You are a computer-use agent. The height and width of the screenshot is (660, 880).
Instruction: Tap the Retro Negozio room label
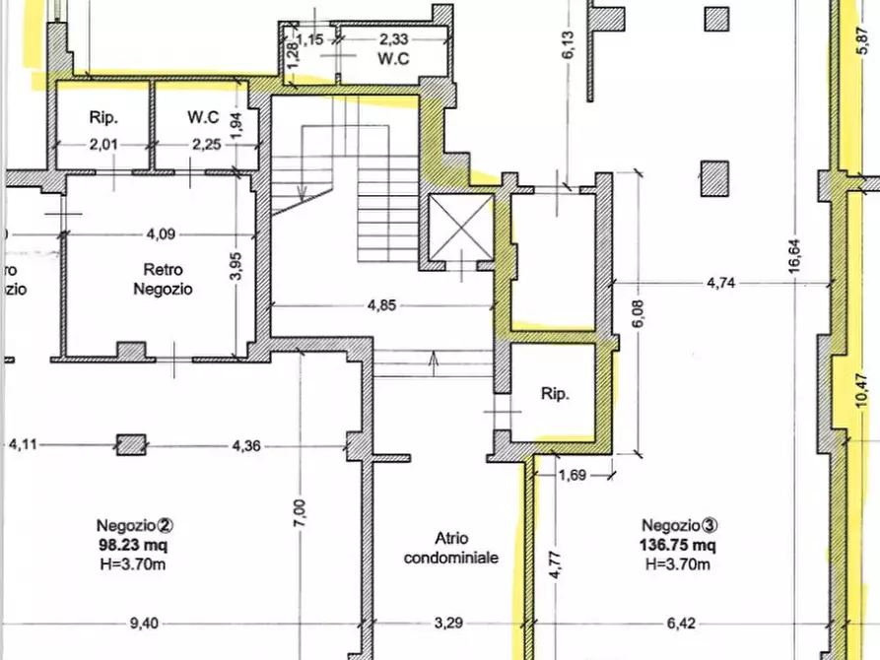163,279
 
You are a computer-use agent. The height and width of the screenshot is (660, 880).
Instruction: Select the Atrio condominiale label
451,548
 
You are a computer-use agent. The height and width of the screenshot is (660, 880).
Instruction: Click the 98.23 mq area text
133,545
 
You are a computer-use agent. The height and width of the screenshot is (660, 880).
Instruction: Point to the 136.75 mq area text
677,545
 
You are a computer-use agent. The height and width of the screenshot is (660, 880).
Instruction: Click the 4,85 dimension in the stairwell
381,305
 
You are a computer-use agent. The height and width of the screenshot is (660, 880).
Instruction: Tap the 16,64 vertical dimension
794,256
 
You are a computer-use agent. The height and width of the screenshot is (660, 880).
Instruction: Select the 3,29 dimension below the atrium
448,623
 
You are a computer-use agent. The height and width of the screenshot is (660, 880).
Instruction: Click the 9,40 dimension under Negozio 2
144,623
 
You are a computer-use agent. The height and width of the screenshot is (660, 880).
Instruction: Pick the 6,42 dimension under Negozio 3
681,623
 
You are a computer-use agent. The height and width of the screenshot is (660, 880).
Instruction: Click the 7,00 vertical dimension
300,513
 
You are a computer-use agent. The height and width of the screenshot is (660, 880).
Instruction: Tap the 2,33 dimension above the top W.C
393,39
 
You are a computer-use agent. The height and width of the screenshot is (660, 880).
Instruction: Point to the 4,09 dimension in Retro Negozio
161,234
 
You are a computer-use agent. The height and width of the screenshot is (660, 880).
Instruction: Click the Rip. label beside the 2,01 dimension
103,118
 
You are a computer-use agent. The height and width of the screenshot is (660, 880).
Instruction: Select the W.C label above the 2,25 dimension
203,117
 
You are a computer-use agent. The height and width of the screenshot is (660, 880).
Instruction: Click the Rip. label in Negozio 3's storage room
555,394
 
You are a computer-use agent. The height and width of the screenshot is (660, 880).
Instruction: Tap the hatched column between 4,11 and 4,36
131,444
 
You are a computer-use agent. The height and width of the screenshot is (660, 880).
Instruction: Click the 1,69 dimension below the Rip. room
573,476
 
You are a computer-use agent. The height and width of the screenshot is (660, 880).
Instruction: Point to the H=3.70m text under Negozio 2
133,564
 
